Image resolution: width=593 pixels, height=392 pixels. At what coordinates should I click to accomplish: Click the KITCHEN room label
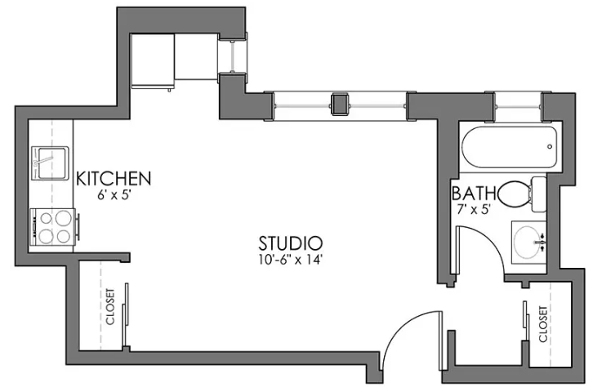[114, 178]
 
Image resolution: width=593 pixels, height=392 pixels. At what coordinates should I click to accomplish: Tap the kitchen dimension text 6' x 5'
[114, 195]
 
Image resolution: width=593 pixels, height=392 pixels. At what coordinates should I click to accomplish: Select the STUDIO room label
[291, 243]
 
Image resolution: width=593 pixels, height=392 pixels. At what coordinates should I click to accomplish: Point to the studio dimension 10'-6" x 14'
[291, 260]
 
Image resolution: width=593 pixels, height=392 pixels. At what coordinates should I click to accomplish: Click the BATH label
[474, 194]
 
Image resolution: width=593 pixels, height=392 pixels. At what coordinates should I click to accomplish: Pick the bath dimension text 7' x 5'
[474, 209]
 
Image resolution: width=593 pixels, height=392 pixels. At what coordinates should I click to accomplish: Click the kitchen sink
[50, 163]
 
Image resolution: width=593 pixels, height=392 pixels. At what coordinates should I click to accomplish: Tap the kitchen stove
[54, 226]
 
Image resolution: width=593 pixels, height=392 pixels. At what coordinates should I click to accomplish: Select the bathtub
[509, 147]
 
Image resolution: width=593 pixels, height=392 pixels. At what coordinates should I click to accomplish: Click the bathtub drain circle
[550, 147]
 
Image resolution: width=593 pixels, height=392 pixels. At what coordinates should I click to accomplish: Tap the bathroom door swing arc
[489, 240]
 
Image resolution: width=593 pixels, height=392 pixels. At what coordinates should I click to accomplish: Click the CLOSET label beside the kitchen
[110, 307]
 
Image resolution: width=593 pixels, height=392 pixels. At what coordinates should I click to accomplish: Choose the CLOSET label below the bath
[543, 324]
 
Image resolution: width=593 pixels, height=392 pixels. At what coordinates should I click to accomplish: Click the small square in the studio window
[340, 103]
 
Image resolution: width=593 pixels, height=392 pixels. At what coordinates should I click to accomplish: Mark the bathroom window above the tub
[518, 106]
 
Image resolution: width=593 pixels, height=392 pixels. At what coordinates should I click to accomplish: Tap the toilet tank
[539, 194]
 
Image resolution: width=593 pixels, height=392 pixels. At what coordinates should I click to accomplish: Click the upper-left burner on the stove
[46, 218]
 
